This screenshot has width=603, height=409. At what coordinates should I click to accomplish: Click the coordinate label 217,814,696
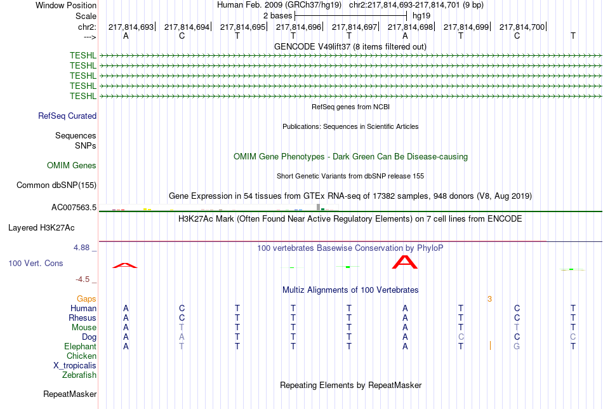click(298, 27)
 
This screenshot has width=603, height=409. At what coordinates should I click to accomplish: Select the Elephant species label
click(80, 346)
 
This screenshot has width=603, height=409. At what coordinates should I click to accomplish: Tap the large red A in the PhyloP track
click(404, 262)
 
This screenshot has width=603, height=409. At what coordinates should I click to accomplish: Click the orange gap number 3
click(489, 299)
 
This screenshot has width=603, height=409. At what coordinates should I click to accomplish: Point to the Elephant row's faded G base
click(517, 346)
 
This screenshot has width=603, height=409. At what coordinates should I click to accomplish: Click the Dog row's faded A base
click(182, 337)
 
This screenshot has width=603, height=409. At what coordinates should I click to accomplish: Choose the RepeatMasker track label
click(70, 394)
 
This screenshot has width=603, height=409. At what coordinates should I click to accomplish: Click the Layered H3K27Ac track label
click(41, 228)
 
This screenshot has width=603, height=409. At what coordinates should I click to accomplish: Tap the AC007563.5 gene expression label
click(74, 208)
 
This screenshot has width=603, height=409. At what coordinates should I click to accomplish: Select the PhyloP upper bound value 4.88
click(81, 248)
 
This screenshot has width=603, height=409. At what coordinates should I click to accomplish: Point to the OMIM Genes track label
click(72, 166)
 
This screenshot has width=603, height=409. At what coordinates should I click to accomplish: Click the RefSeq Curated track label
click(67, 116)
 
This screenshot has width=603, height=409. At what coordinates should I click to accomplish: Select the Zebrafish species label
click(79, 375)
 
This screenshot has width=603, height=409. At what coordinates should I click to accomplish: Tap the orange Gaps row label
click(86, 299)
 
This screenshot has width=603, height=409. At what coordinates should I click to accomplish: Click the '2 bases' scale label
click(277, 16)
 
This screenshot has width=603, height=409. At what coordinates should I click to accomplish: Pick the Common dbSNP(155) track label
click(56, 185)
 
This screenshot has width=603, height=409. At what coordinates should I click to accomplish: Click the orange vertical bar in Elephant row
click(490, 346)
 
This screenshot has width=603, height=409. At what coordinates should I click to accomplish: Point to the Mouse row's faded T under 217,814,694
click(182, 328)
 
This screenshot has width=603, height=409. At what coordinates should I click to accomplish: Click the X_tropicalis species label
click(75, 366)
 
